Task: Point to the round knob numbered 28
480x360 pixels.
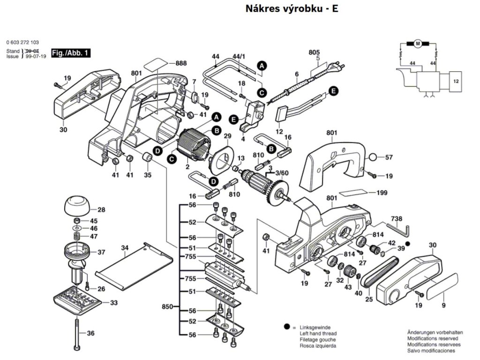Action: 77,204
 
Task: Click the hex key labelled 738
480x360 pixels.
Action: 401,229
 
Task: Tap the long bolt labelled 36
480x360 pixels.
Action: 76,333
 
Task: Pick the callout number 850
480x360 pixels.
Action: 167,307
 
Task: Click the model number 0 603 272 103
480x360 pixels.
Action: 23,42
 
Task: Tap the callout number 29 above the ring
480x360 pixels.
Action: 227,136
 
